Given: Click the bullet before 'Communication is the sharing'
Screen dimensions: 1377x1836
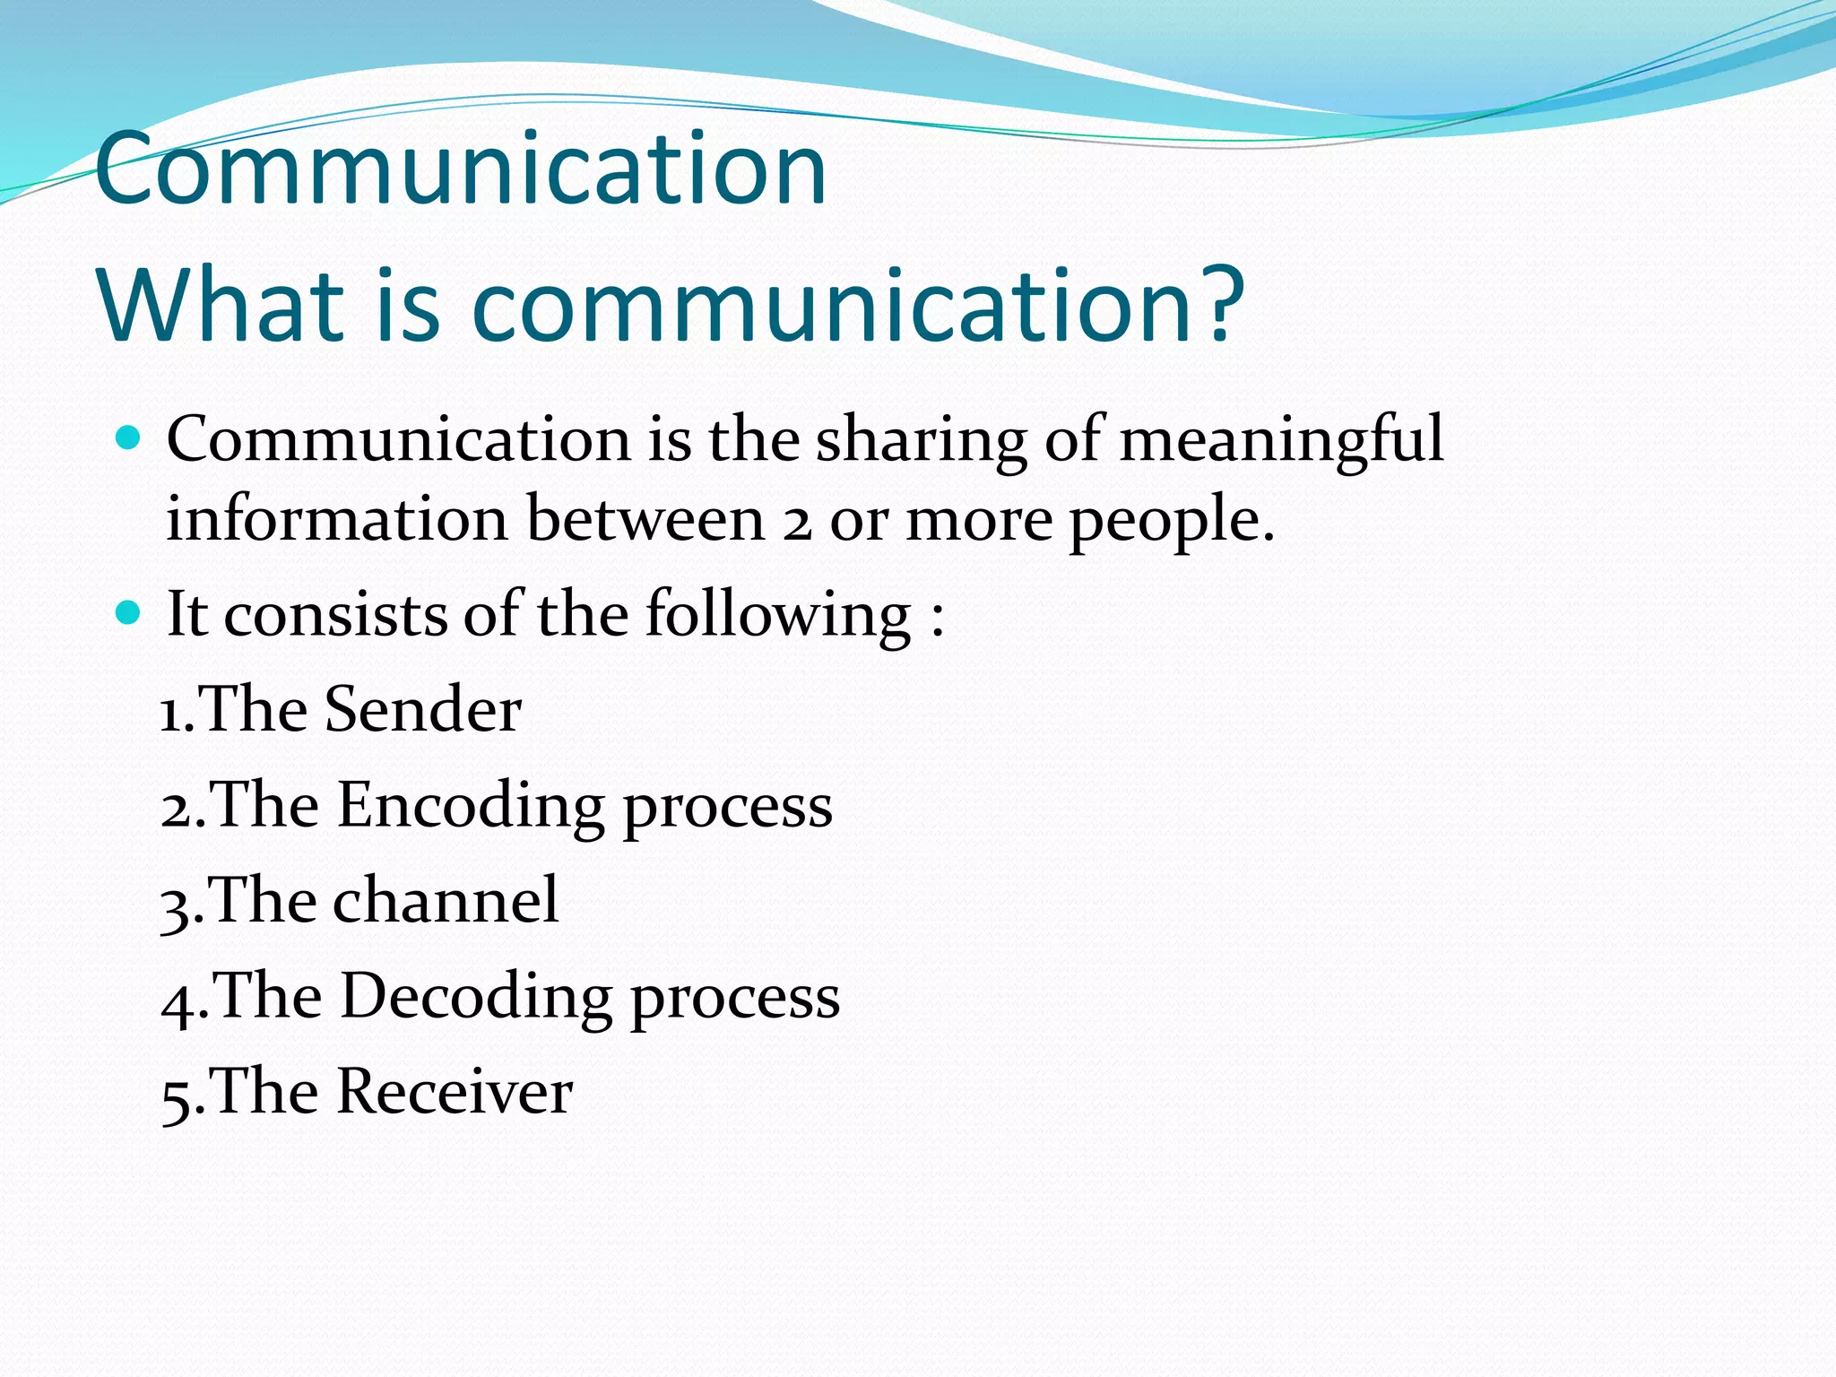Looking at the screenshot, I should (x=129, y=438).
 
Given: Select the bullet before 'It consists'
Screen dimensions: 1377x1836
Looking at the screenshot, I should (x=129, y=613).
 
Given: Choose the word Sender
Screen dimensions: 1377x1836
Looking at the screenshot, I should (x=422, y=709).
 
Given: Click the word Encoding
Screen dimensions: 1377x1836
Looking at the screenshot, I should (x=472, y=805).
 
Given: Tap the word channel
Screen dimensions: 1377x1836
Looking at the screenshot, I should (x=446, y=900).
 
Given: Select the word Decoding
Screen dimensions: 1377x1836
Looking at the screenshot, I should (x=476, y=996).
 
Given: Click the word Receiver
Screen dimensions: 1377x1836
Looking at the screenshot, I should (x=455, y=1092).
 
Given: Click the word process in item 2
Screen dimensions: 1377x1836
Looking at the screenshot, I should (x=727, y=807).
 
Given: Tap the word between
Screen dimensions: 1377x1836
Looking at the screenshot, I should (x=645, y=520).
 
